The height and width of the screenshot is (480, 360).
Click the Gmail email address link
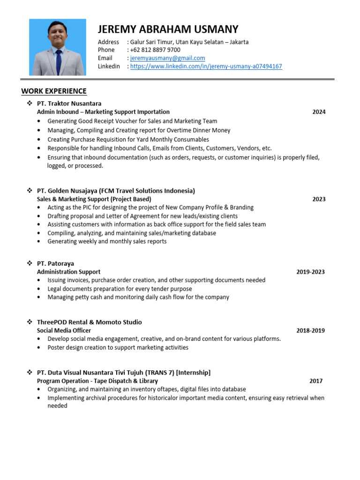click(167, 58)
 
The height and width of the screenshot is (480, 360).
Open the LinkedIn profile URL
click(206, 67)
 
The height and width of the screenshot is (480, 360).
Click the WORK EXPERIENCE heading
click(54, 91)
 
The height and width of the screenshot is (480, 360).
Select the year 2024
click(319, 112)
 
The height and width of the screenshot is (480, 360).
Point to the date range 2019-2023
click(310, 272)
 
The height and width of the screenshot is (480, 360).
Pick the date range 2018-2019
click(310, 330)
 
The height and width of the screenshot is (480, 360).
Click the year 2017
click(316, 381)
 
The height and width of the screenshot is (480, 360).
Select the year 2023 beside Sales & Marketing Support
click(319, 199)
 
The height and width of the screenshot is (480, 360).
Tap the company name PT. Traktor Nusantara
click(69, 103)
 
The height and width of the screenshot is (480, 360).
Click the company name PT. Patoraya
click(55, 263)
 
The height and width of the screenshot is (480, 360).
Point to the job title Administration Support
click(68, 272)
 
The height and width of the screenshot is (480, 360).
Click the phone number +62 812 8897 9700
click(155, 50)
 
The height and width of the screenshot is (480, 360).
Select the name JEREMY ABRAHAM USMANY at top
click(168, 29)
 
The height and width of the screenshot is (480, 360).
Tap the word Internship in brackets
click(193, 373)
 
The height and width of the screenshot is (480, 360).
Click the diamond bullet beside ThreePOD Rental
click(29, 322)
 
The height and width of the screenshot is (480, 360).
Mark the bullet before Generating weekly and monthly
click(38, 242)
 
